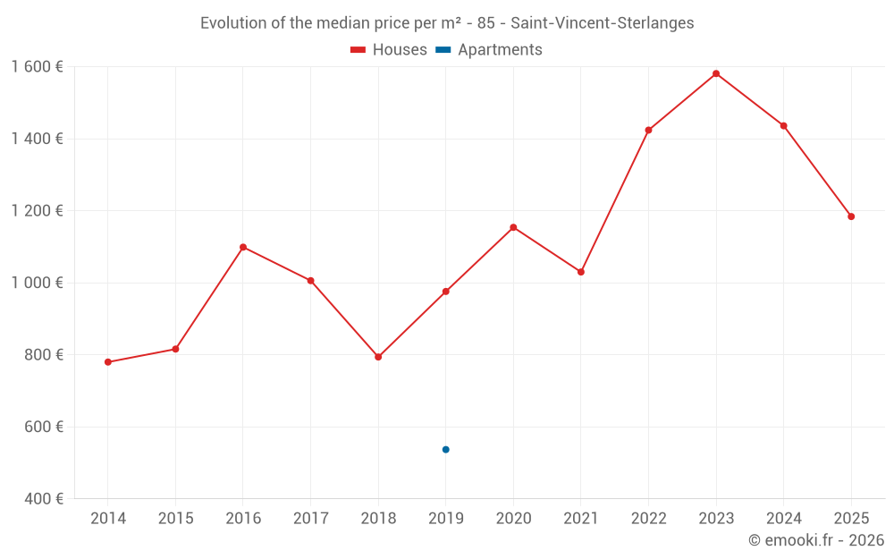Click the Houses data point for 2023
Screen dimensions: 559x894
716,73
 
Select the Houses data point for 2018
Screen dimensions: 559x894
378,357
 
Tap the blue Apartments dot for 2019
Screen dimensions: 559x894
445,450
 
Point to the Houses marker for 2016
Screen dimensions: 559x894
243,247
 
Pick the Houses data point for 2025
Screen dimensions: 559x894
851,216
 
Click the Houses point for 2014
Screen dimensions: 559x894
108,362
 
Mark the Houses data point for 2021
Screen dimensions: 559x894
581,272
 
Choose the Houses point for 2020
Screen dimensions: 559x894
513,227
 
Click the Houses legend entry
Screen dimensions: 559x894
389,50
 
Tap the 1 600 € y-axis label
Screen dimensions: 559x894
38,67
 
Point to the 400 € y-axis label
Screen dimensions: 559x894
42,499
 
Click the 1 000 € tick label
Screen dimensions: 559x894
38,283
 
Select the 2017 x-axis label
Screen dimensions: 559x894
310,519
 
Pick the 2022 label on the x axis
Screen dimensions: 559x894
648,519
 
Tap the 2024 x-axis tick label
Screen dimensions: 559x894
783,519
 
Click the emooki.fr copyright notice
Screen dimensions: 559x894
815,540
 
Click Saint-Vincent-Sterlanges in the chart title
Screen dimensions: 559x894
602,23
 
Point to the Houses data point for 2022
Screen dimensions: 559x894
648,131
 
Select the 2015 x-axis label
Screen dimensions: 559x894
175,519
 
